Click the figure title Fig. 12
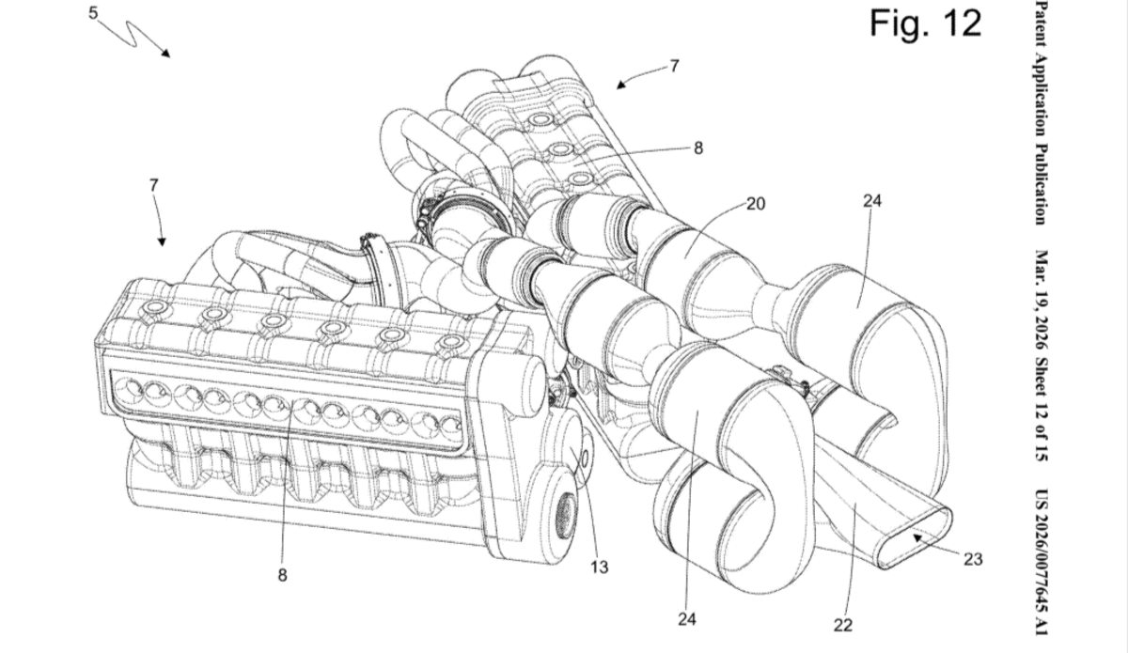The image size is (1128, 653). coord(925,23)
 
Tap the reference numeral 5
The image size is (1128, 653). coord(95,12)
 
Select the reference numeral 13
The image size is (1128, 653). coord(600,567)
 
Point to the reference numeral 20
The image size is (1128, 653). coord(756,202)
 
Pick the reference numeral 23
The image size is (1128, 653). coord(973,559)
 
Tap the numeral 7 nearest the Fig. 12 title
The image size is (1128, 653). coord(674,66)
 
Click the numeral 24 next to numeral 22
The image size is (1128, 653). coord(686,619)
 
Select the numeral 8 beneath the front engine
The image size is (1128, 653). coord(282,576)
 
